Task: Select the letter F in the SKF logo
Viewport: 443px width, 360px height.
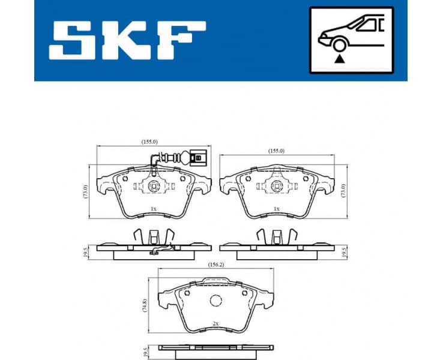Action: (x=179, y=40)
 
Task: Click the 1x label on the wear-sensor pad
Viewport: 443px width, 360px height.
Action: (x=154, y=209)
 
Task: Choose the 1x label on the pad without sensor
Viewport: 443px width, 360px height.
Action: (x=276, y=209)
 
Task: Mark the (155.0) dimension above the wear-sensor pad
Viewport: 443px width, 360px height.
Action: (x=149, y=142)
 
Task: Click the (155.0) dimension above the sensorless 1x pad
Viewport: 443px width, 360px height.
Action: (x=277, y=151)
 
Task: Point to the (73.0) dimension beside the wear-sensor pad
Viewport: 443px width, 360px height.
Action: (x=86, y=193)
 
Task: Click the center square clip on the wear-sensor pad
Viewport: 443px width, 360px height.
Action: (x=154, y=186)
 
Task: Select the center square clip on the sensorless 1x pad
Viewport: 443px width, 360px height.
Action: (x=276, y=186)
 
